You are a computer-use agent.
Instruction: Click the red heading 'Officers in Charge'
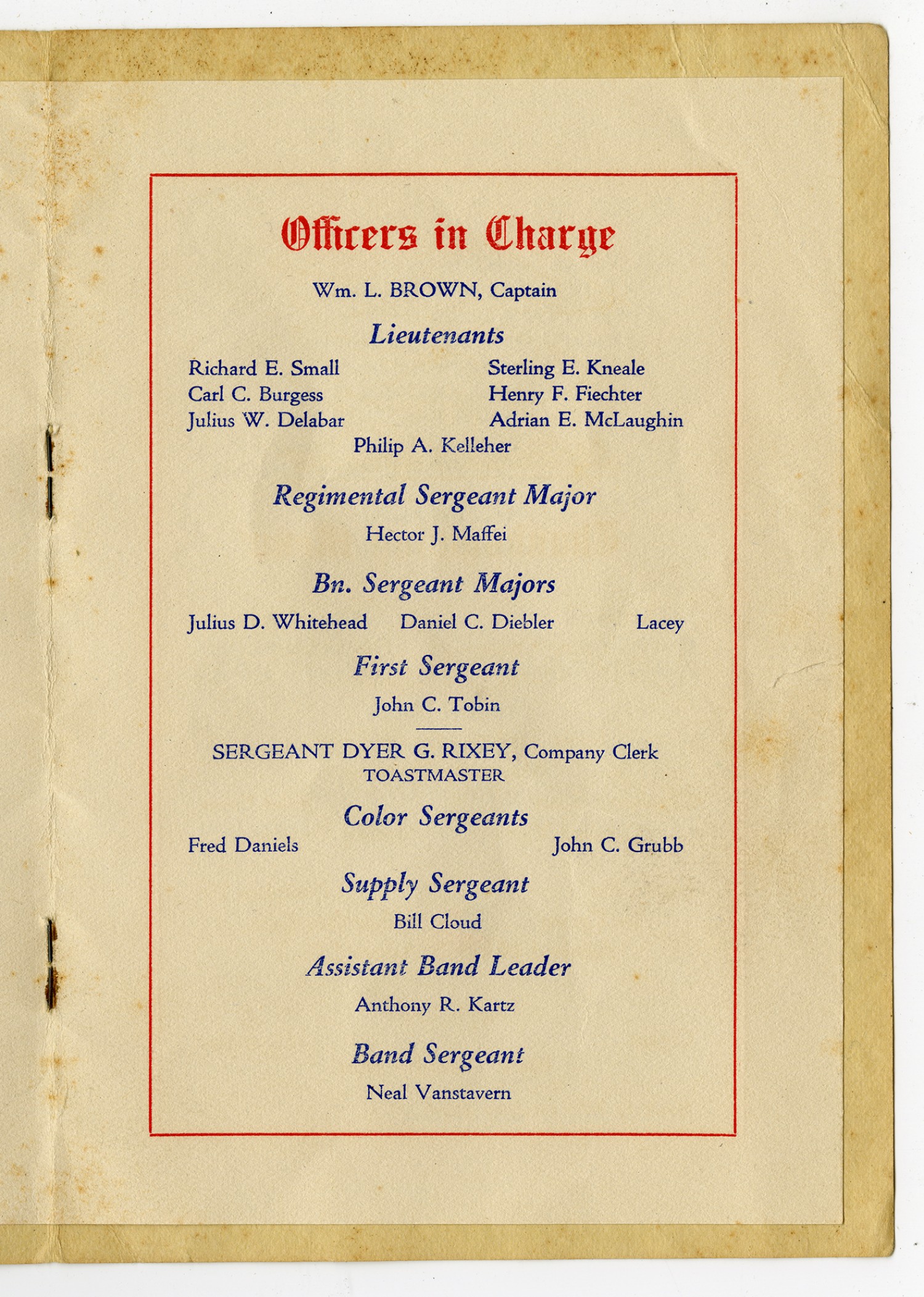(x=448, y=235)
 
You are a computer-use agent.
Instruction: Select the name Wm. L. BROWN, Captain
(x=434, y=290)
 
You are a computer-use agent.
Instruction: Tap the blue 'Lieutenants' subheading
(x=437, y=335)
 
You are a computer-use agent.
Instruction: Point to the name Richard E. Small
(x=264, y=368)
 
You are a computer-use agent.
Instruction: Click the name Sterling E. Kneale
(x=566, y=368)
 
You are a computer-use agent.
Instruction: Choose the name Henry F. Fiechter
(x=565, y=394)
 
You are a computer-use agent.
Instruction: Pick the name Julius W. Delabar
(x=265, y=420)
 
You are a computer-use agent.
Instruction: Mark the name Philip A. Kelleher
(x=432, y=446)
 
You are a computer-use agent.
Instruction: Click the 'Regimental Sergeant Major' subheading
(x=434, y=496)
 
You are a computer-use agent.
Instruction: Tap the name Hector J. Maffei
(x=436, y=534)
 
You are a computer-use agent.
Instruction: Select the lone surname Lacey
(x=660, y=623)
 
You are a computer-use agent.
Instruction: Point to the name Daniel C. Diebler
(x=477, y=622)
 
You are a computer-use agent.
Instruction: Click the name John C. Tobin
(x=437, y=704)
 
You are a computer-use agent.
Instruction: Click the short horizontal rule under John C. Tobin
(x=439, y=729)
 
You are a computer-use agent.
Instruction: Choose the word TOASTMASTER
(x=434, y=775)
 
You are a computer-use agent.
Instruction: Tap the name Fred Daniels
(x=243, y=845)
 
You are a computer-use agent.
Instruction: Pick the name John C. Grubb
(x=618, y=845)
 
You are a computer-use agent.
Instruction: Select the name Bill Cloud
(x=437, y=922)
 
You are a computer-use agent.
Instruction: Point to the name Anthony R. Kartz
(x=434, y=1005)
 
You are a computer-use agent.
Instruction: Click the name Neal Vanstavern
(x=438, y=1093)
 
